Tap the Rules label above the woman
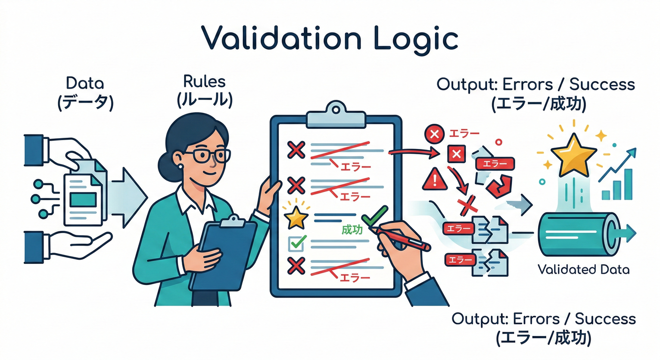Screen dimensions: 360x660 pos(204,82)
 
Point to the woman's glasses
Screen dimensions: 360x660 pos(207,156)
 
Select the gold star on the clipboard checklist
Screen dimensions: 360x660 pos(297,218)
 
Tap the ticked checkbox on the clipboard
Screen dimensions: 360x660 pos(297,243)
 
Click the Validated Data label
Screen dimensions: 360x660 pos(584,270)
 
